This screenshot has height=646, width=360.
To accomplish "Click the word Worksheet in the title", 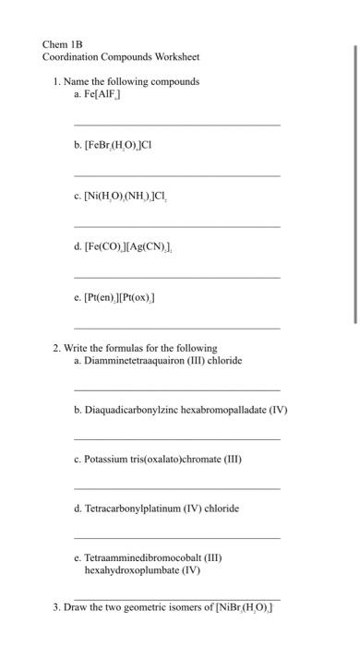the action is click(176, 56).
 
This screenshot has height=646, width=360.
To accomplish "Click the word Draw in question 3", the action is click(76, 607).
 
